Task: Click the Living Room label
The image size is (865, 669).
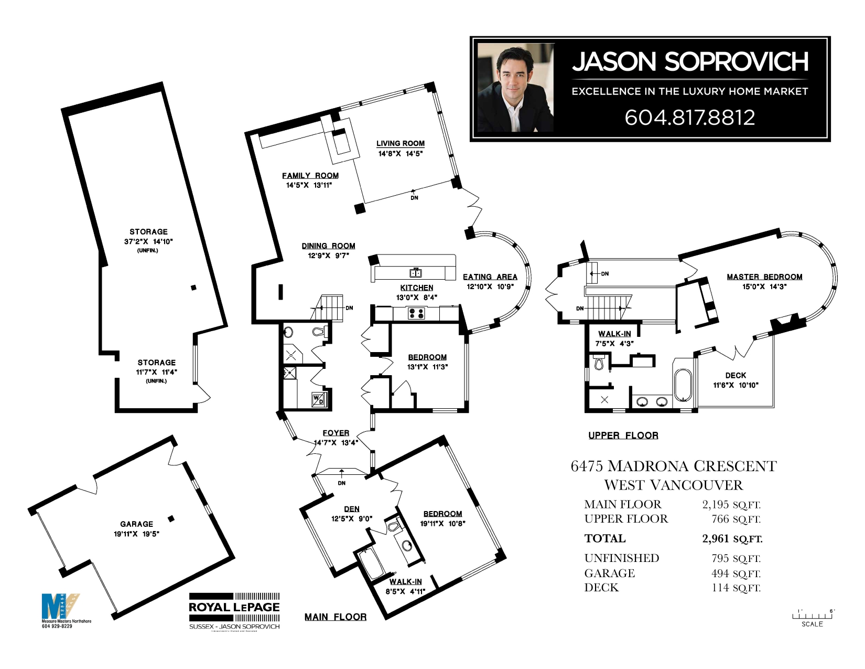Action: (400, 143)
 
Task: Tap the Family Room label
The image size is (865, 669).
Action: (310, 176)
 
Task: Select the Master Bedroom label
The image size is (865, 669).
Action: (764, 277)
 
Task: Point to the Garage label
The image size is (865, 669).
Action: (136, 524)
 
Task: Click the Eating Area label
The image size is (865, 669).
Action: (490, 277)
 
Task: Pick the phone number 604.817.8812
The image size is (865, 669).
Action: (689, 118)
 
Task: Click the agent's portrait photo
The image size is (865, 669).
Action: (515, 88)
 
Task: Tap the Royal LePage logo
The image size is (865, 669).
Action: (234, 611)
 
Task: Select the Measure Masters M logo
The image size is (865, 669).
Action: (59, 607)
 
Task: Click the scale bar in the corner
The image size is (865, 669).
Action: (812, 617)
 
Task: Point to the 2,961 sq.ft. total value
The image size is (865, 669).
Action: (732, 539)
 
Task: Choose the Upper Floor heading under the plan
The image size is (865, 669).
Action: (623, 436)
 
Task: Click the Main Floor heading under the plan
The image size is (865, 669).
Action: (335, 617)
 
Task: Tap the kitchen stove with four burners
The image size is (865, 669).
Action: (416, 313)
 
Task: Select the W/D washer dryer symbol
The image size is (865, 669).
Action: (318, 400)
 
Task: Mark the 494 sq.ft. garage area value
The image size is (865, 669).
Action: (736, 574)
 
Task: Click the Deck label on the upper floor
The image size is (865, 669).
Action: (736, 376)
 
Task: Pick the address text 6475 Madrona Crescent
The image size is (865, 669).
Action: (673, 466)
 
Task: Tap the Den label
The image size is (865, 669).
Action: (352, 509)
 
